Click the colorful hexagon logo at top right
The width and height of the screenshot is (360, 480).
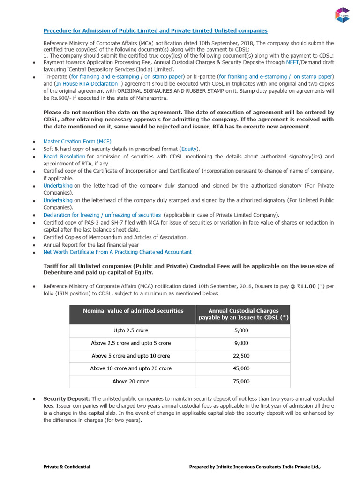(343, 15)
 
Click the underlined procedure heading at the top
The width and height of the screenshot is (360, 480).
(155, 30)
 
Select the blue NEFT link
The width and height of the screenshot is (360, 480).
(292, 62)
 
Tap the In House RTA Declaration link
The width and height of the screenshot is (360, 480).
(87, 84)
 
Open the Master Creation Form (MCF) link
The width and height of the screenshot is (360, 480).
(77, 141)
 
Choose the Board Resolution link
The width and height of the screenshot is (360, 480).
(64, 156)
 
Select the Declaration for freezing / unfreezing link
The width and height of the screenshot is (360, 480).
(102, 215)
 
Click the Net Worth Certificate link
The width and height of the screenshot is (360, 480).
(117, 252)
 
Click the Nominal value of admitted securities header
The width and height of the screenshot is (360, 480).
(133, 311)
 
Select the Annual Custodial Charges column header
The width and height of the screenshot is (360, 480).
(243, 314)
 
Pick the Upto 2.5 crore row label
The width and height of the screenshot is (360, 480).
(131, 330)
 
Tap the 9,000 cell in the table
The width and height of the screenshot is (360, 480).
(241, 343)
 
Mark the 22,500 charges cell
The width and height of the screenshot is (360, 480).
(241, 356)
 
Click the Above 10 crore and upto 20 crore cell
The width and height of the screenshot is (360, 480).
(131, 368)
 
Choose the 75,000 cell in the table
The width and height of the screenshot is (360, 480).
(241, 381)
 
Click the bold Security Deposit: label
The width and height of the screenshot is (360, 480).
(67, 398)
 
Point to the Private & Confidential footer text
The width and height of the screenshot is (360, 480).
(67, 467)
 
